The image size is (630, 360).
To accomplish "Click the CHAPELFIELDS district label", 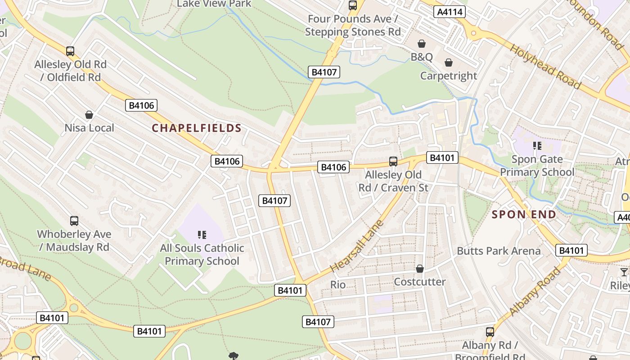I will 197,128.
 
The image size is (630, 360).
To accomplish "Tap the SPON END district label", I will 524,215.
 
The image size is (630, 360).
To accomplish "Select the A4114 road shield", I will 450,12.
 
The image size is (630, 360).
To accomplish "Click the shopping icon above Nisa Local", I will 89,115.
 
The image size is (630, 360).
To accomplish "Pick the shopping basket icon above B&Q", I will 422,44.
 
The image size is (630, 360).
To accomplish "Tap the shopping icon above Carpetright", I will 449,63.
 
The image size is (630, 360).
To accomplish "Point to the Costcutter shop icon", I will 420,269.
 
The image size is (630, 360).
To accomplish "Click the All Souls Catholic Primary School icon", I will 202,234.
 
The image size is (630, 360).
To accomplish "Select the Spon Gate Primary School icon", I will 537,146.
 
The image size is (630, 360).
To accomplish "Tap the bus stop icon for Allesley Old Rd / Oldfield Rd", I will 70,51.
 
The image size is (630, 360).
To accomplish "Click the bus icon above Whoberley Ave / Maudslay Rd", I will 74,221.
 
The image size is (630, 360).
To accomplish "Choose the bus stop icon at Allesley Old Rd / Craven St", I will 393,161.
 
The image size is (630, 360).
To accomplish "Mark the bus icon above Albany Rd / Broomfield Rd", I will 490,332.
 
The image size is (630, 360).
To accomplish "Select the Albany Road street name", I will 535,292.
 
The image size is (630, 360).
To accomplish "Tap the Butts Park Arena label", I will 499,251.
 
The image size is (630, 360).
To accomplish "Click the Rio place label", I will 338,284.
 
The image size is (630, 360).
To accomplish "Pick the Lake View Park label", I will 214,4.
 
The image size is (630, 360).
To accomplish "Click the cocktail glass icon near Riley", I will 624,272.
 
